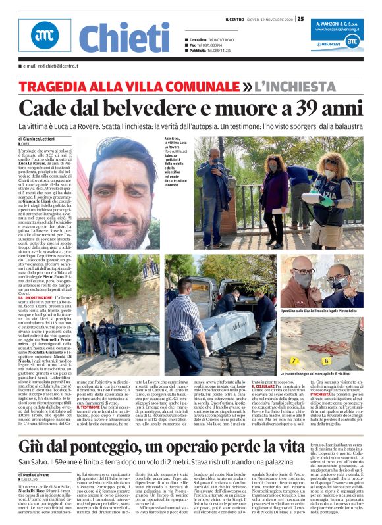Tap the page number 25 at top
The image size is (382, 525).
300,19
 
